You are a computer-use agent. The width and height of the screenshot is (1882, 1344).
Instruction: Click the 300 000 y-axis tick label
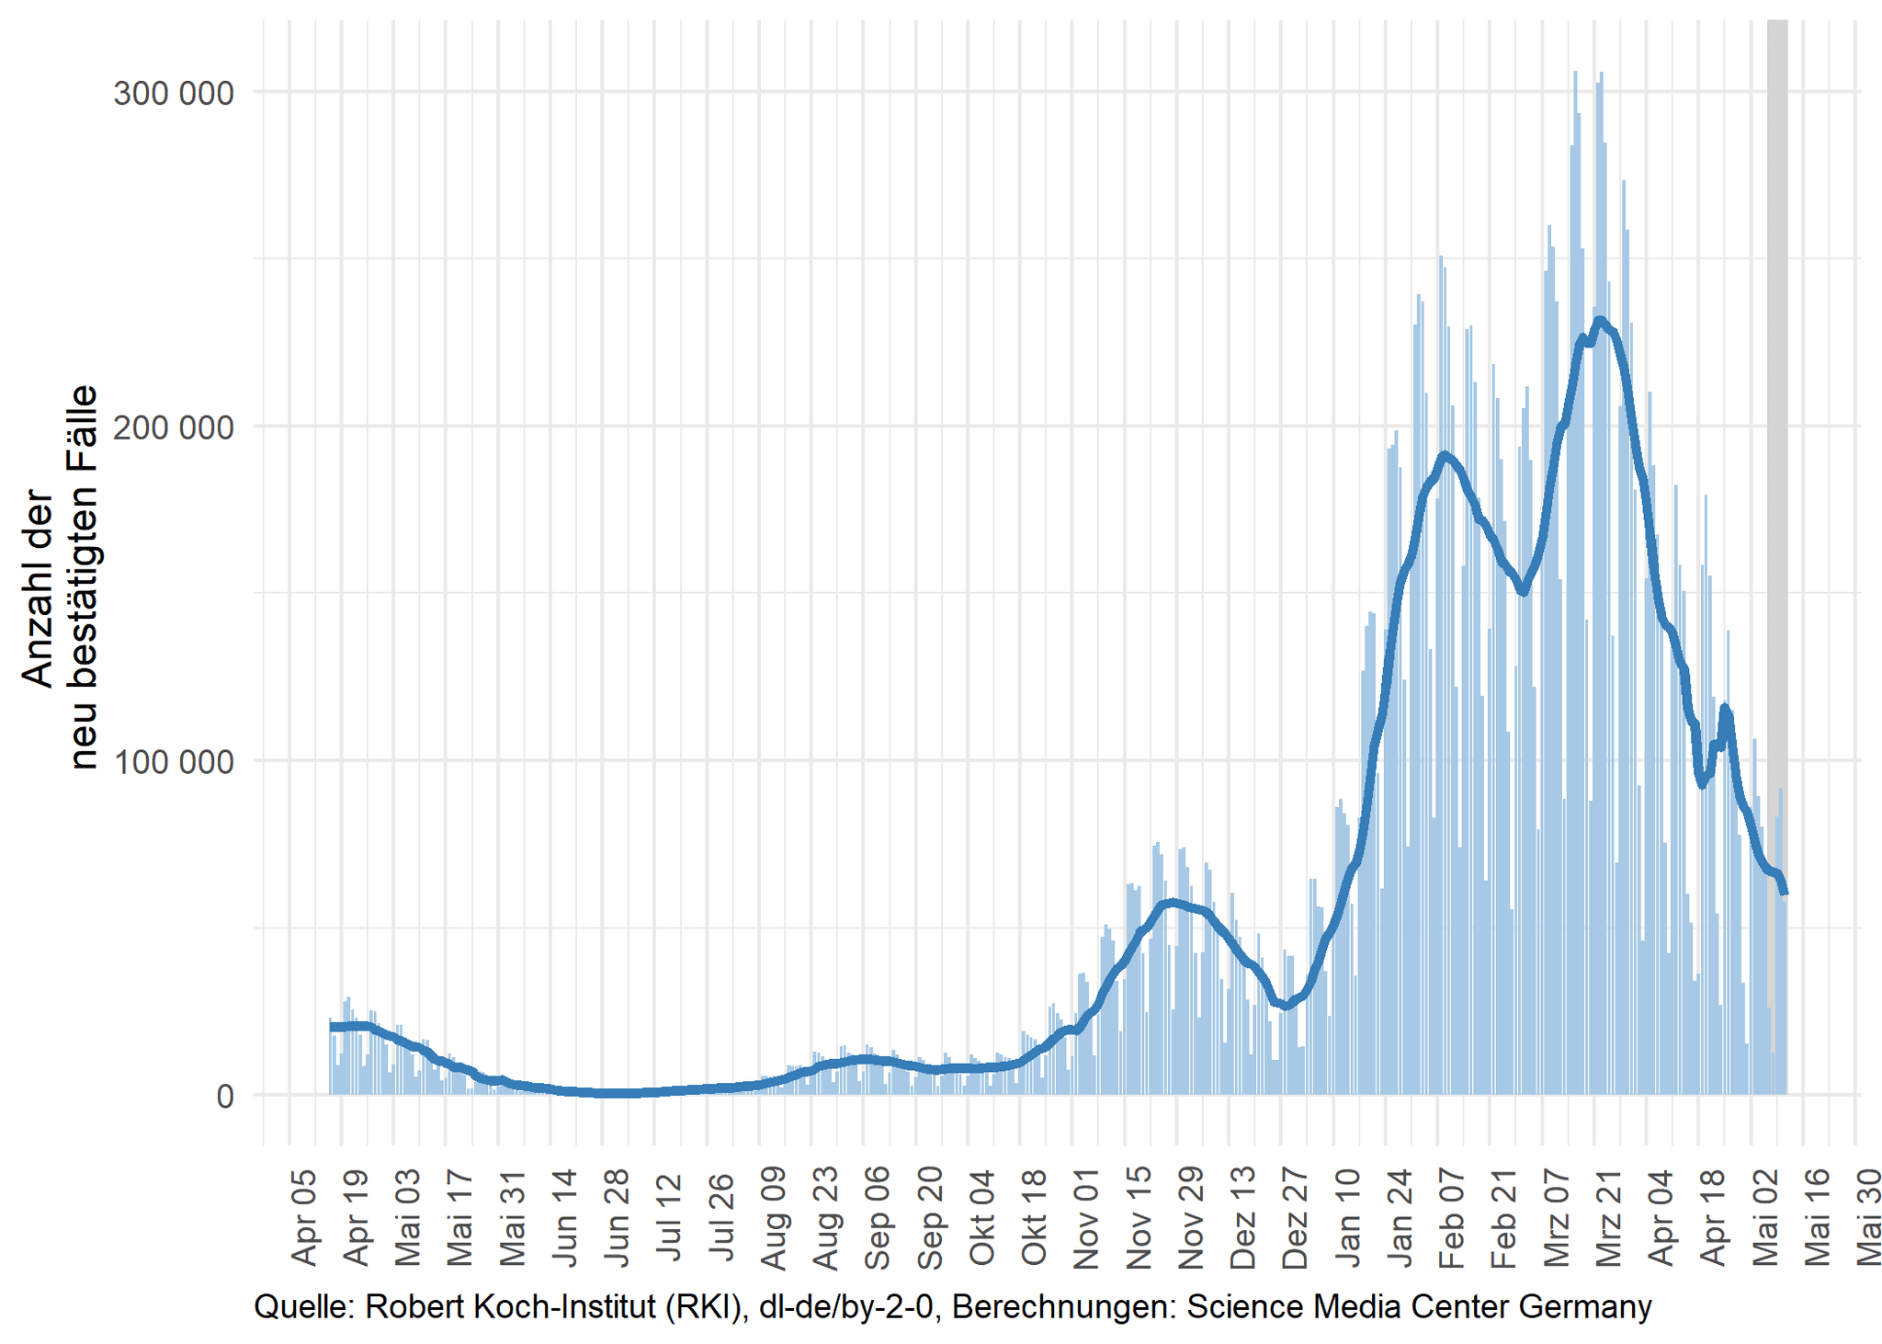click(x=174, y=93)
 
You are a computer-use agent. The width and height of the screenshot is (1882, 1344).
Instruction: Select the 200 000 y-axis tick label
click(x=174, y=427)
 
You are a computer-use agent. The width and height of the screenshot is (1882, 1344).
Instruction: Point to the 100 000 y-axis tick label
click(x=174, y=762)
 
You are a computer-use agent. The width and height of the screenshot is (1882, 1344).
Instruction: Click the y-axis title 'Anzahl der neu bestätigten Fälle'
click(x=60, y=576)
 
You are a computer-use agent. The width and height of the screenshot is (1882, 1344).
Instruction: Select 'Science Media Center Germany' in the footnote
click(x=1419, y=1306)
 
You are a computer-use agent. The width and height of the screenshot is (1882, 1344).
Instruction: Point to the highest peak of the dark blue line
click(x=1600, y=320)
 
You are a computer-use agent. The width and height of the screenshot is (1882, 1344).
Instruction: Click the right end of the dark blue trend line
click(x=1785, y=892)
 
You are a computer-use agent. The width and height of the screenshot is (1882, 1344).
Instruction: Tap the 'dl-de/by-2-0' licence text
click(x=846, y=1306)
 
